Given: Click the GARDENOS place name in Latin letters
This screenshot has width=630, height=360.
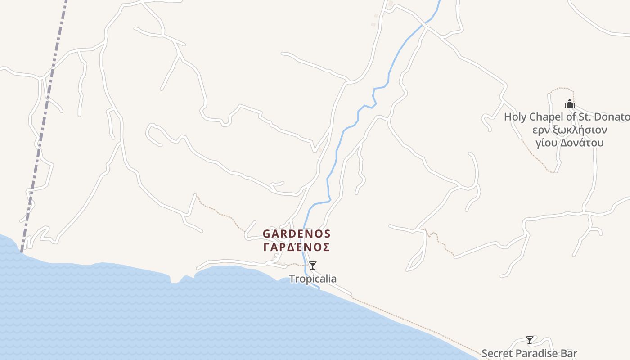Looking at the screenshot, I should click(x=297, y=234).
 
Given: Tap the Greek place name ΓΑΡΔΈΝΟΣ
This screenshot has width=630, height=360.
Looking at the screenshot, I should click(x=297, y=247).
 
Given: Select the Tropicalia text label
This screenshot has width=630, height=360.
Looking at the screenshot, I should click(x=313, y=279).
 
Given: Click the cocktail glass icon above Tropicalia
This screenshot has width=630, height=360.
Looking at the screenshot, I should click(x=313, y=265).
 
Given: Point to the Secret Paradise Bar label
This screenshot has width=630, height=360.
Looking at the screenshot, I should click(x=529, y=353).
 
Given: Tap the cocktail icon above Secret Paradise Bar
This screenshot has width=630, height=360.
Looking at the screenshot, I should click(x=530, y=340).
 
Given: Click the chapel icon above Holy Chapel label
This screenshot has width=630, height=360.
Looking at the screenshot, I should click(x=570, y=104).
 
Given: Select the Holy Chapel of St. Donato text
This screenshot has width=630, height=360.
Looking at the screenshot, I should click(x=566, y=117).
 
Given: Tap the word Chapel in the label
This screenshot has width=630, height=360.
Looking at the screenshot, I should click(x=544, y=117).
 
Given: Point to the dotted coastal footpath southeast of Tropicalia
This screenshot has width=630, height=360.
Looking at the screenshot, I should click(x=405, y=320).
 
